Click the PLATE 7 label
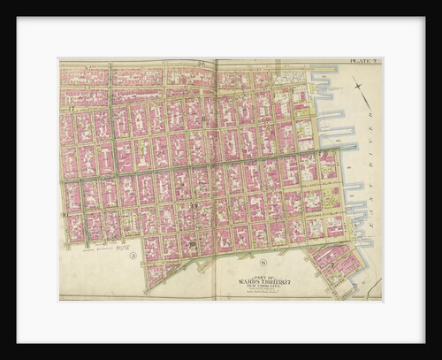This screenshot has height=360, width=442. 363,61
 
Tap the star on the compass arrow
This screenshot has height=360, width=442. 357,83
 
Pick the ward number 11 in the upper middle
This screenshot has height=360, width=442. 205,119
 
